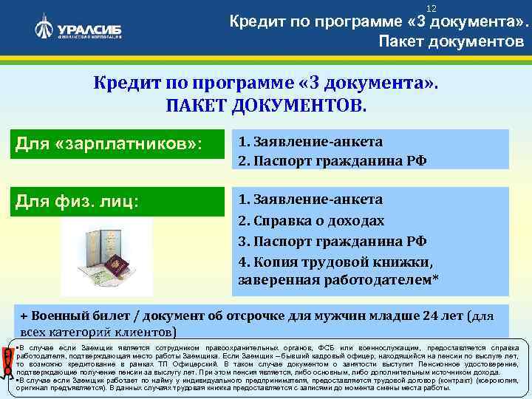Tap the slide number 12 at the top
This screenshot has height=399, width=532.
coord(412,7)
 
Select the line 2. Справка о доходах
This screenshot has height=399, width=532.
coord(311,220)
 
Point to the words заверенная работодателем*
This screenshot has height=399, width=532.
coord(338,281)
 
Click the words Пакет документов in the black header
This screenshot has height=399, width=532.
coord(451,41)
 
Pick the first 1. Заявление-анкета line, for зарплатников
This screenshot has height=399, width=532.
coord(310,140)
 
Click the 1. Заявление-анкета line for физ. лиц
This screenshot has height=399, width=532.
coord(310,199)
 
